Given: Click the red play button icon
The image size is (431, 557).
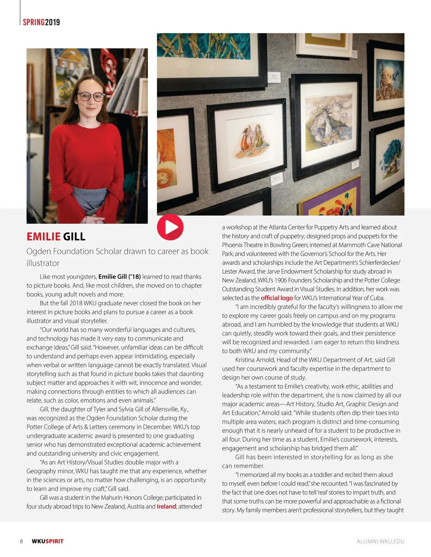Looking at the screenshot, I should tap(170, 227).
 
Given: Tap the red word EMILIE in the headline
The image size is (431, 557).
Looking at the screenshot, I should tap(43, 237).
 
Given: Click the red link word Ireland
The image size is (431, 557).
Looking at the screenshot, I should tap(166, 506).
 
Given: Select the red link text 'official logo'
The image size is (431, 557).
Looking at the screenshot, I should tap(277, 298).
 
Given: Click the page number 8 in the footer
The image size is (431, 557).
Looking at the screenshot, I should tap(21, 541).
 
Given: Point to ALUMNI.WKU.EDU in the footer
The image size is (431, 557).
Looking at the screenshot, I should tap(380, 541).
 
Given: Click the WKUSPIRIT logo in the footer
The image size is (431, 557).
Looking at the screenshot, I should tap(47, 541).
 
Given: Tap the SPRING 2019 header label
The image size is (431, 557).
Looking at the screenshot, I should tap(41, 22).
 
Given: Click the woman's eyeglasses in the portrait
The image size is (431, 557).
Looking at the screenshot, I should tap(91, 96).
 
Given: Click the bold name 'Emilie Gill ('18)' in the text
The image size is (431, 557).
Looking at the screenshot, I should tap(119, 277).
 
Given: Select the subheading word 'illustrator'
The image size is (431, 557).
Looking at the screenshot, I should tap(43, 263).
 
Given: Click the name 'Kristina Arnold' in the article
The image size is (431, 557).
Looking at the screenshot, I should tap(255, 360).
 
